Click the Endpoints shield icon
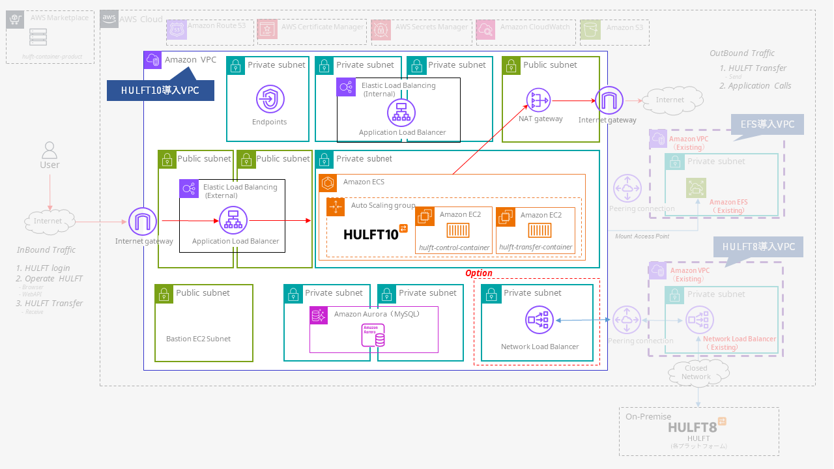click(x=270, y=100)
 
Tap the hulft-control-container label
click(x=454, y=248)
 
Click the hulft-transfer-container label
click(x=535, y=248)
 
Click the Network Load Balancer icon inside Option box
click(x=539, y=320)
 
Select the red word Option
click(x=478, y=273)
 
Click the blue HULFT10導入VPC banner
click(x=160, y=90)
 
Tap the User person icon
click(x=50, y=151)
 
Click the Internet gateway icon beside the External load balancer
click(x=143, y=221)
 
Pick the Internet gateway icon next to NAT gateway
click(x=609, y=100)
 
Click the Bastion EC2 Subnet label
click(x=198, y=339)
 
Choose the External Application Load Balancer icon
click(x=233, y=221)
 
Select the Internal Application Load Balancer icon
click(x=401, y=113)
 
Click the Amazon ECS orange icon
click(x=328, y=183)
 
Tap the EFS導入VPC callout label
click(x=767, y=124)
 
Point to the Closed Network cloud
click(x=697, y=373)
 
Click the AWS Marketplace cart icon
click(x=16, y=20)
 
